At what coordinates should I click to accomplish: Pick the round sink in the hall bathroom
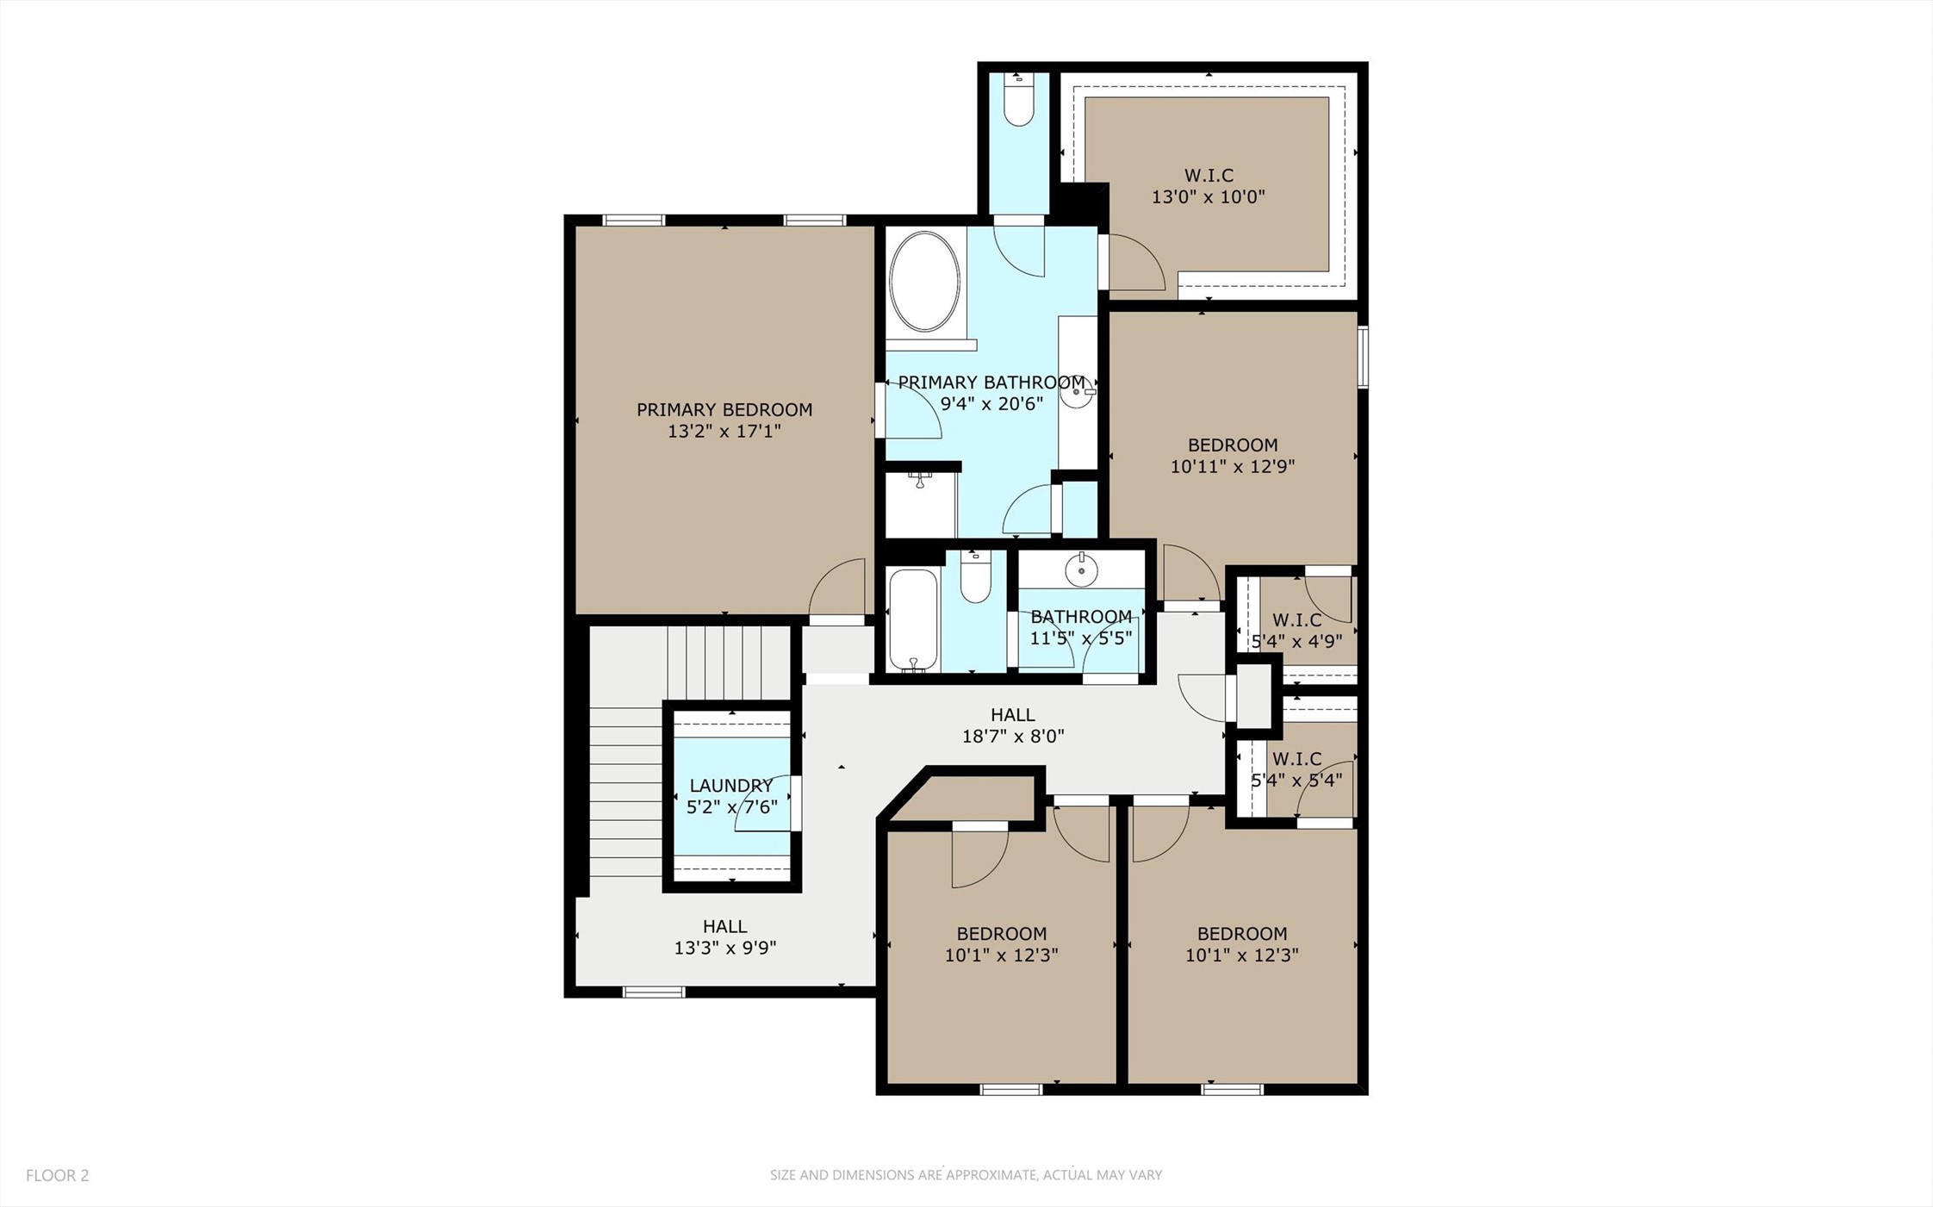coord(1081,569)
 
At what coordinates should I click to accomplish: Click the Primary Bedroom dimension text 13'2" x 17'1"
coord(724,431)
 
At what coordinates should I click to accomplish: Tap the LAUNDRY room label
coord(731,785)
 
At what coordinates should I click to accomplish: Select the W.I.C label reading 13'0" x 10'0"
coord(1208,186)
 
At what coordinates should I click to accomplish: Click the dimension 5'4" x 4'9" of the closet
coord(1296,641)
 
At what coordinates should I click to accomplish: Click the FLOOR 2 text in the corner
coord(57,1175)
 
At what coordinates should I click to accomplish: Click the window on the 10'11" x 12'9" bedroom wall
coord(1362,357)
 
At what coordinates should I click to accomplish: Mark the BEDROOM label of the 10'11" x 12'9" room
coord(1232,445)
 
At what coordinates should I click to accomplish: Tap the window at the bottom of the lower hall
coord(653,992)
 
